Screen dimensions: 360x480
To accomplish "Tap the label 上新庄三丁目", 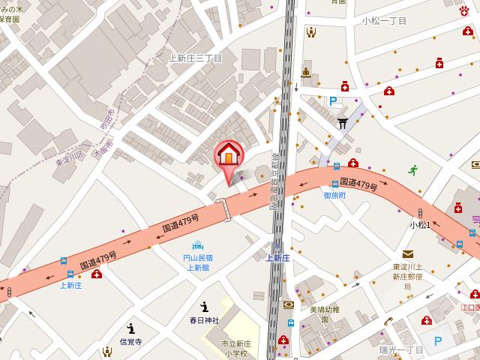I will [196, 58].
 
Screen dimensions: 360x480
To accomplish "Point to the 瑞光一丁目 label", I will [402, 349].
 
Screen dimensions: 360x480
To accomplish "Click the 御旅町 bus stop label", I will [334, 194].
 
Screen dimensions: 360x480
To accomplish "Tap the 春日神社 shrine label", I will [204, 320].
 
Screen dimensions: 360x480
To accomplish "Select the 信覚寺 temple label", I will [131, 342].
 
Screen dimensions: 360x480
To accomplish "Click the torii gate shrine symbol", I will [342, 123].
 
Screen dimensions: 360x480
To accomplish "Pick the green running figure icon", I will [412, 170].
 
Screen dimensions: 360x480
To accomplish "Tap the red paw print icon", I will [464, 10].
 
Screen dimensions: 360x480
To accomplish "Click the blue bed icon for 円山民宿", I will [198, 244].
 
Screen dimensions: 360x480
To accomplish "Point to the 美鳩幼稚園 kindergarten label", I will [324, 313].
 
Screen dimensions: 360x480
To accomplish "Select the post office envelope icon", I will [407, 254].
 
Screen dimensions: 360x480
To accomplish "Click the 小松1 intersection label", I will [419, 224].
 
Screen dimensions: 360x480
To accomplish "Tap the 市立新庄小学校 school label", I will [236, 348].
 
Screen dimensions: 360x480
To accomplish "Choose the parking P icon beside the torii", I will [333, 101].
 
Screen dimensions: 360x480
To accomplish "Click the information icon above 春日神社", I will [204, 306].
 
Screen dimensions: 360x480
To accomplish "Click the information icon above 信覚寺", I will [131, 328].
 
